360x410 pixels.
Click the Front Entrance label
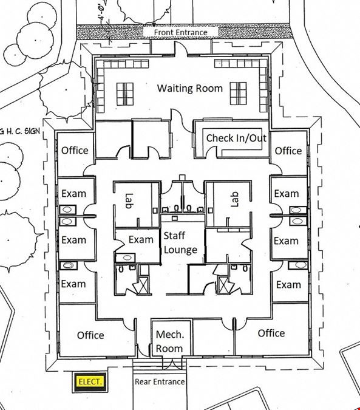point(180,32)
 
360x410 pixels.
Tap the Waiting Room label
point(190,89)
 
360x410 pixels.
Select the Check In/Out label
point(236,138)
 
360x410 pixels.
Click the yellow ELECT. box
point(89,382)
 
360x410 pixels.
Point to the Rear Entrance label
point(160,382)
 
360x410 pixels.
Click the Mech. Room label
point(169,341)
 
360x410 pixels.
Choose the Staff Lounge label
point(180,242)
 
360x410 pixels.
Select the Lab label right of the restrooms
point(235,199)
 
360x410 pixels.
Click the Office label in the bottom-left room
point(90,335)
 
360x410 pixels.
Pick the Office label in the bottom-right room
point(271,333)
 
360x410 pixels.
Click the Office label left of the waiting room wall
point(75,151)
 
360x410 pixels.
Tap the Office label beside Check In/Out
point(288,151)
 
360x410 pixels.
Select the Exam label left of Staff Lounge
point(141,239)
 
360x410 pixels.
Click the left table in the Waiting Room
point(125,94)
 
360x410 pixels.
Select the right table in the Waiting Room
point(238,94)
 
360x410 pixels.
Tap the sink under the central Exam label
point(126,258)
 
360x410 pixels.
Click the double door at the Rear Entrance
point(172,363)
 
